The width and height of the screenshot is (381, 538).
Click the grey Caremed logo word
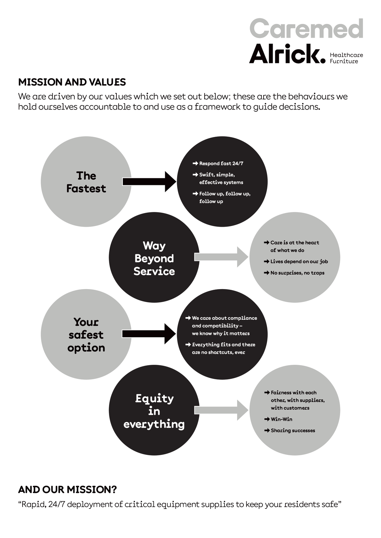[x=306, y=29]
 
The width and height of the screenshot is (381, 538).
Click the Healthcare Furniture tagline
[x=346, y=58]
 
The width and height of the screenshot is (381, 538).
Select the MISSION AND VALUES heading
[x=72, y=82]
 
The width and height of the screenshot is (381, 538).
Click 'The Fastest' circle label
[x=86, y=182]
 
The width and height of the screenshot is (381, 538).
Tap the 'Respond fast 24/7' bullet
[x=221, y=163]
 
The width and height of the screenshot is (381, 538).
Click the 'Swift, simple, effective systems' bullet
[x=221, y=179]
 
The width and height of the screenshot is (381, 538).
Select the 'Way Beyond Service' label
[x=154, y=258]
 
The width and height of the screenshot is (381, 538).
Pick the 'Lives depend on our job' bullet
[x=299, y=262]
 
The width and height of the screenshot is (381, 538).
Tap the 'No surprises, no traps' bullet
[x=297, y=273]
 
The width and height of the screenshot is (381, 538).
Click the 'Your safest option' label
[x=86, y=335]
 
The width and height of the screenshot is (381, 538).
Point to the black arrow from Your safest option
[x=149, y=334]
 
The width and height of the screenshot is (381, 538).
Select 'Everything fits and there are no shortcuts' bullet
[x=223, y=348]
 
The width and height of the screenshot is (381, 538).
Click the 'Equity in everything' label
[x=154, y=411]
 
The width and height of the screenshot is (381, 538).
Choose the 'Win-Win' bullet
[x=281, y=419]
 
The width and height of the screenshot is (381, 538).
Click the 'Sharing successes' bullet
[x=292, y=431]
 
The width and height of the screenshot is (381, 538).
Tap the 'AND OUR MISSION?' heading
[x=67, y=490]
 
